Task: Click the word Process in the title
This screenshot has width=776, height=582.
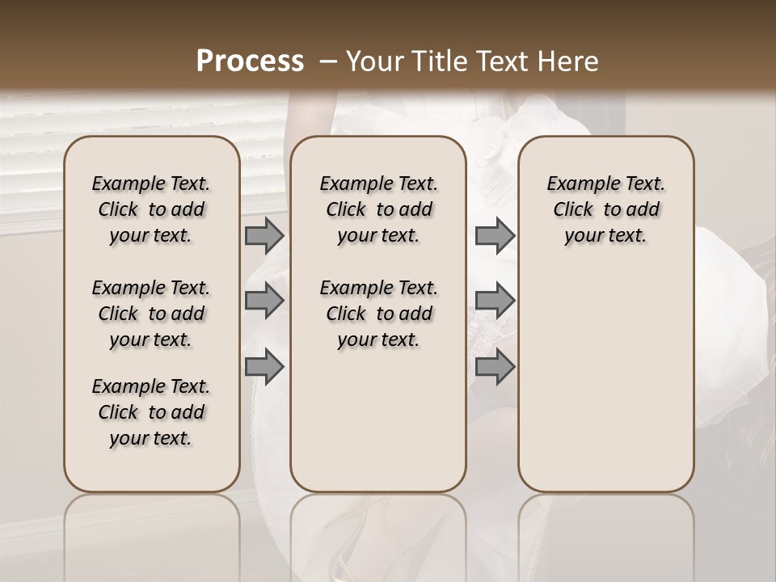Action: point(250,61)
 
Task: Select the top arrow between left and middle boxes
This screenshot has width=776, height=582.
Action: point(264,235)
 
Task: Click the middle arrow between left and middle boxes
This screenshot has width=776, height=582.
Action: point(264,301)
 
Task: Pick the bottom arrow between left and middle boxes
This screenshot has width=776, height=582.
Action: point(264,366)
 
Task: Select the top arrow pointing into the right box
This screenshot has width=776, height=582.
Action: point(495,235)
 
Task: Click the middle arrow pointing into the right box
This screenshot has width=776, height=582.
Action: point(495,301)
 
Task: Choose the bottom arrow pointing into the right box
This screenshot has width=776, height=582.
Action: point(495,366)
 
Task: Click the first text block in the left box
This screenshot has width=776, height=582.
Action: point(151,209)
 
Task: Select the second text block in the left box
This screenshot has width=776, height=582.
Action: point(151,314)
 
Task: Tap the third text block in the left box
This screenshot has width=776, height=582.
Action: point(151,412)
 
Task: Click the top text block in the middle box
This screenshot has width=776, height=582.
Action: point(378,209)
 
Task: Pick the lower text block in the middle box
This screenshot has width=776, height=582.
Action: point(378,314)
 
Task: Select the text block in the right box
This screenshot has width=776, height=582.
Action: point(606,209)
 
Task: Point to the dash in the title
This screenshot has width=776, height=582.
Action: point(329,61)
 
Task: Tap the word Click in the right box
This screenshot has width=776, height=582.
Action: point(573,210)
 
